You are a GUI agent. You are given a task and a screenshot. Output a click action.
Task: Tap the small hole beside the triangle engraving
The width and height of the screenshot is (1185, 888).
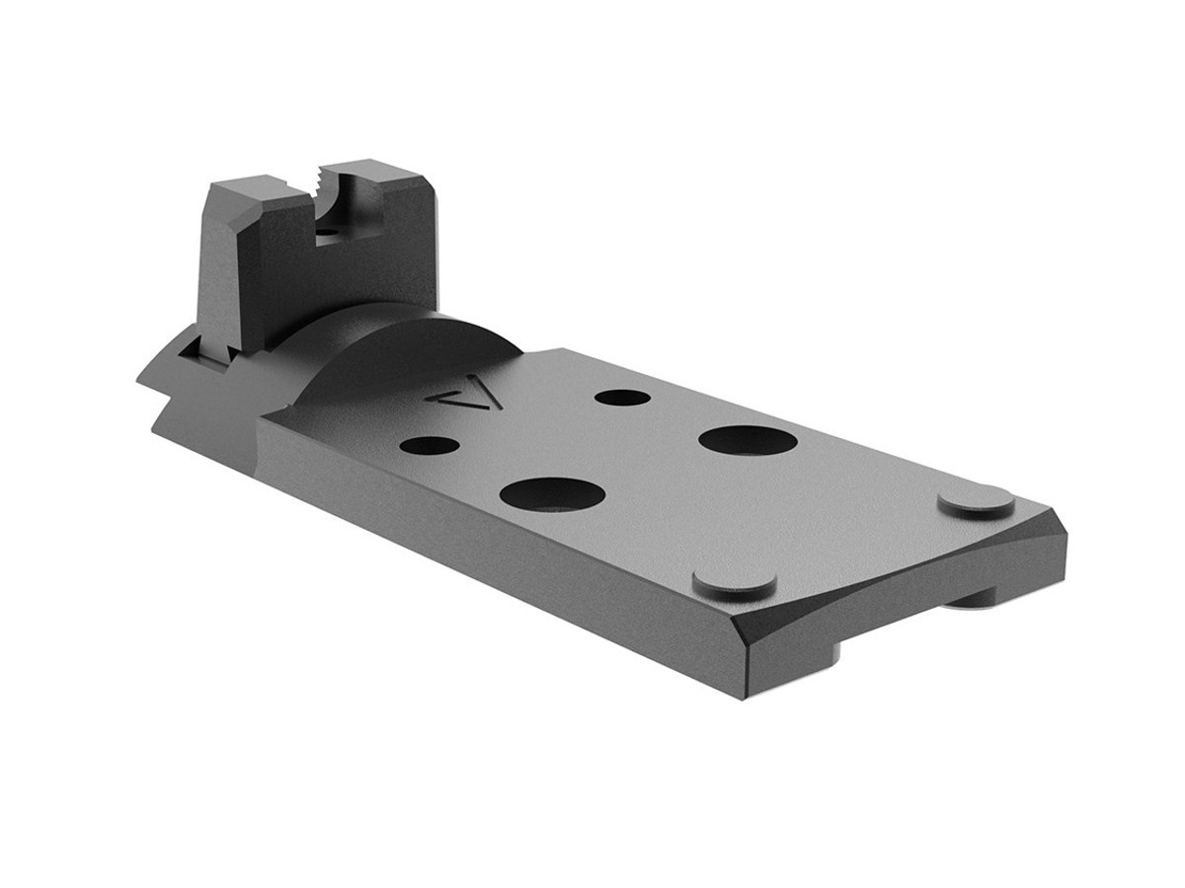coord(430,445)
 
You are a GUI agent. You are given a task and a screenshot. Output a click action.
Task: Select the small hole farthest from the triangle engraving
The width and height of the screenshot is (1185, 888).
coord(623,398)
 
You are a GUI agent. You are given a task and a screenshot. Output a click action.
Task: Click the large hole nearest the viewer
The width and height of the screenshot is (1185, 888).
coord(552,492)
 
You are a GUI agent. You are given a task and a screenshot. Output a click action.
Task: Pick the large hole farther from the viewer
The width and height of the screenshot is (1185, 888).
coord(748,440)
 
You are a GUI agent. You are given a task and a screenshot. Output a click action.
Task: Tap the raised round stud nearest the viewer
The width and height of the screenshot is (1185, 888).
coord(734,583)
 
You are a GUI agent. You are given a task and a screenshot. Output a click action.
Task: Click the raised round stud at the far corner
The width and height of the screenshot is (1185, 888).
coord(976,501)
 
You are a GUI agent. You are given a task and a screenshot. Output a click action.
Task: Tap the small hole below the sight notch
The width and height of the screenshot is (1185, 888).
coord(324,233)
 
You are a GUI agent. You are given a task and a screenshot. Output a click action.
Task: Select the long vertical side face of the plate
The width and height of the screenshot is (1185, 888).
coord(474,553)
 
